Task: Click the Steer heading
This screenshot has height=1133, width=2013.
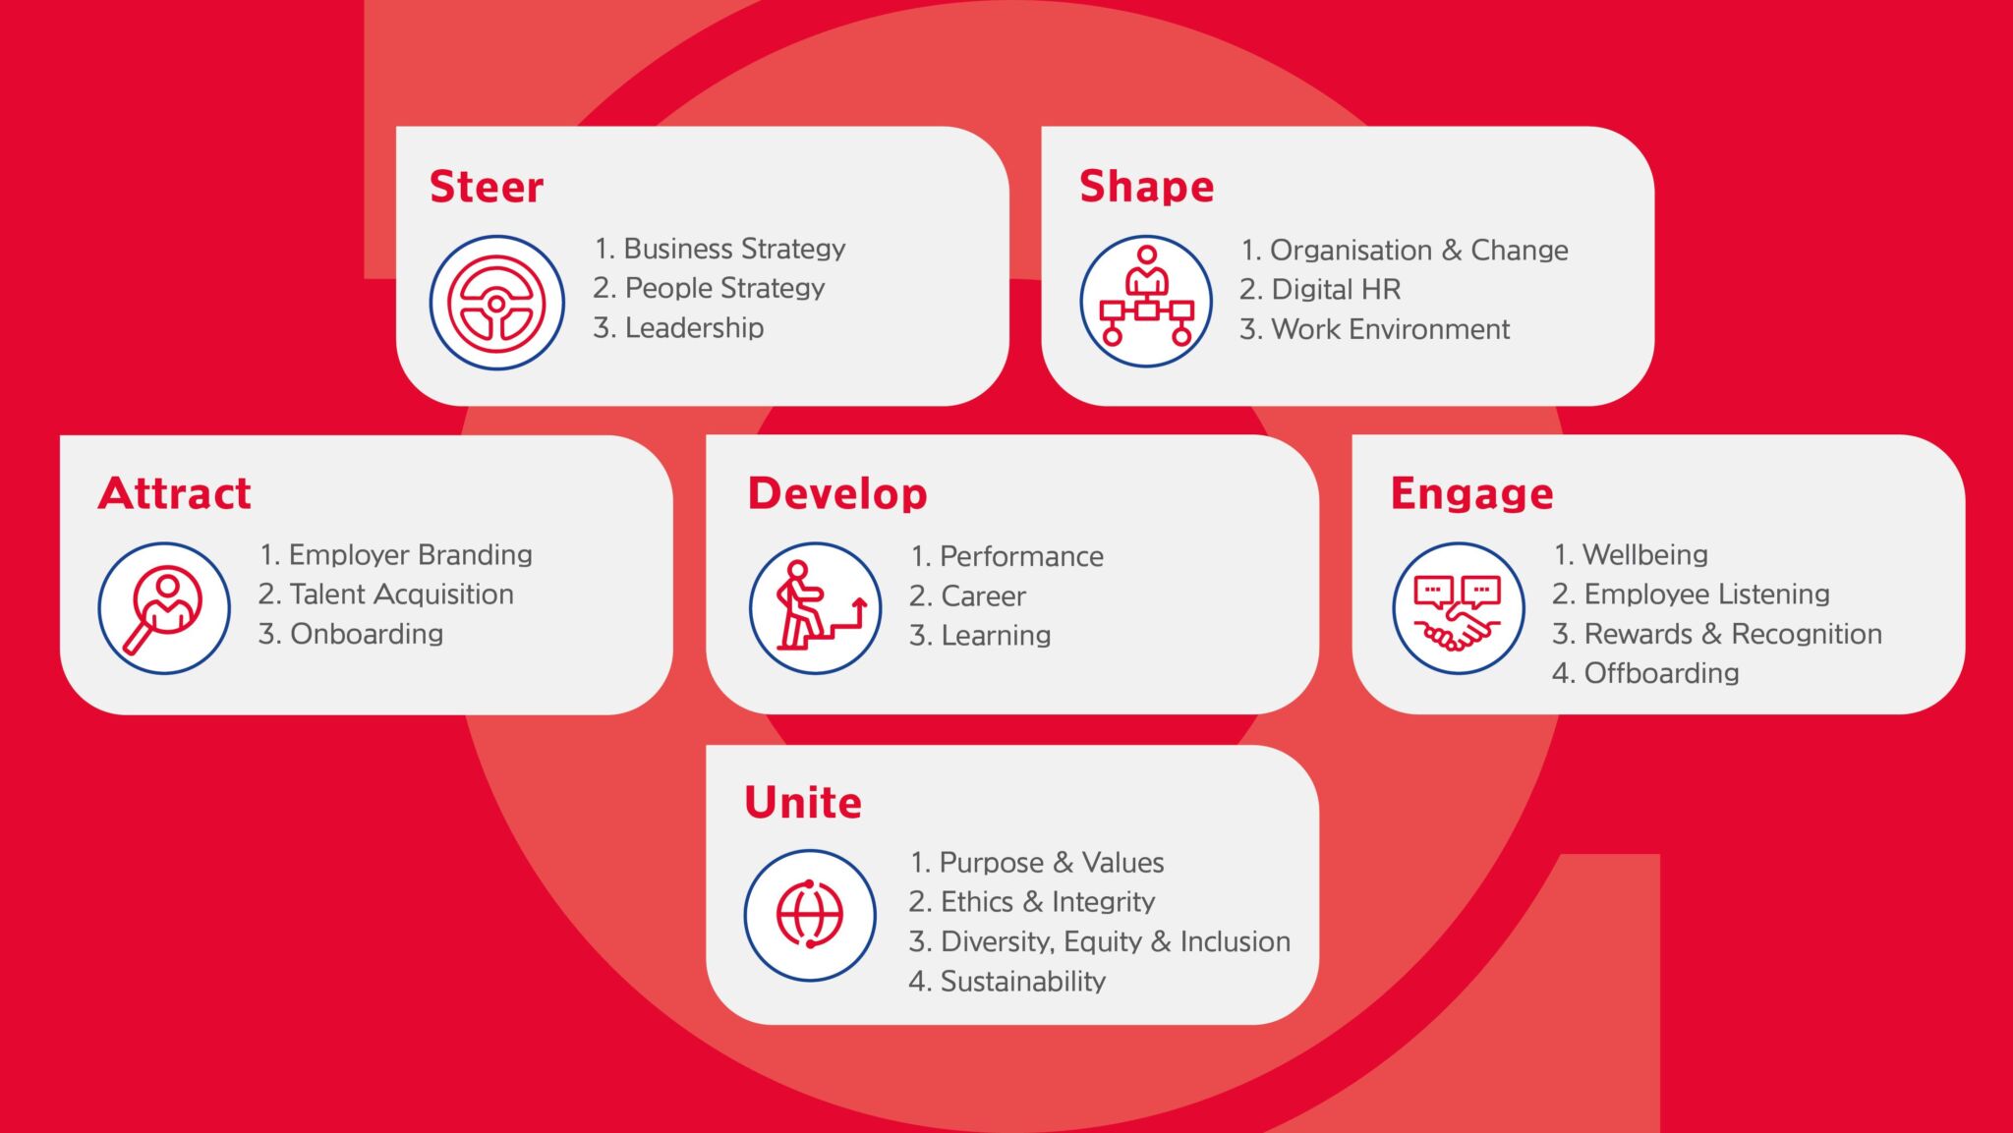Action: [x=487, y=187]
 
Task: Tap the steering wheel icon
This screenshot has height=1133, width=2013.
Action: [x=496, y=302]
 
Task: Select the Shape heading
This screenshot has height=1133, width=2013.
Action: [x=1146, y=187]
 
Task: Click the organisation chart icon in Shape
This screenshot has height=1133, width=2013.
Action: [x=1146, y=301]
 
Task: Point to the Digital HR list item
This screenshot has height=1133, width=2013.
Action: [x=1320, y=289]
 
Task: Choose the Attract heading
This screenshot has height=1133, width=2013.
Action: [x=175, y=493]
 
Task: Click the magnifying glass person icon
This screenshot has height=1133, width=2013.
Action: [x=164, y=608]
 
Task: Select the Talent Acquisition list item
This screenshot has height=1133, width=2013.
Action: [x=386, y=595]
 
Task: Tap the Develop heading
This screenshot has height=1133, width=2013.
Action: [x=837, y=493]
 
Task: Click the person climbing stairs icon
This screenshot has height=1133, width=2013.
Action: [x=816, y=608]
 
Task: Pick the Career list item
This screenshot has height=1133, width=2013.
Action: [x=967, y=595]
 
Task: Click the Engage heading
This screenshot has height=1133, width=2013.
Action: [x=1471, y=494]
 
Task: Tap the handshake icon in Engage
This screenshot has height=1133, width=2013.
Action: [x=1459, y=608]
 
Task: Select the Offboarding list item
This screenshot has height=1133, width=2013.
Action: [x=1645, y=673]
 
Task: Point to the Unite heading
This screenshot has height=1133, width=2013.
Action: [x=803, y=803]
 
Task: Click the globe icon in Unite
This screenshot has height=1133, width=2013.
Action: [x=810, y=915]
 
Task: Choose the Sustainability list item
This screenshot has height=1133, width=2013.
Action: [x=1007, y=981]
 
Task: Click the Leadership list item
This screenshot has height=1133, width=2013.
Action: [x=678, y=327]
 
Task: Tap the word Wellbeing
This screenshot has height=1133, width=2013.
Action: [x=1645, y=555]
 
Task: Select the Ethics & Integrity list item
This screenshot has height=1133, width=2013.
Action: [x=1032, y=902]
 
